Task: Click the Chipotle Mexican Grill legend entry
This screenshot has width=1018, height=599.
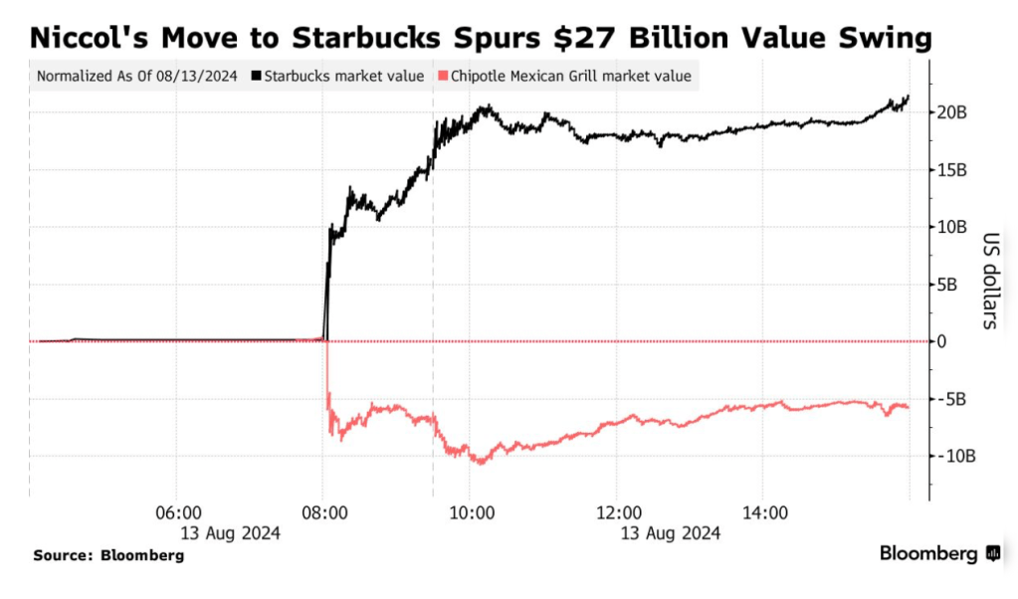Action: tap(567, 76)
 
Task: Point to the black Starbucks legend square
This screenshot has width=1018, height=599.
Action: tap(258, 76)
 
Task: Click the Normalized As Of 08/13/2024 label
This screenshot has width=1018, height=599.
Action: tap(137, 76)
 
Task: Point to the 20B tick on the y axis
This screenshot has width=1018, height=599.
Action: tap(952, 112)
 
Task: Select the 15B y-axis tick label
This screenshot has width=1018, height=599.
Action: tap(952, 170)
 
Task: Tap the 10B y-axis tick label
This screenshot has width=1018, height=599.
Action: tap(952, 227)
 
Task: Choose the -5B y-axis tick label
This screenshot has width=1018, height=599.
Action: tap(952, 399)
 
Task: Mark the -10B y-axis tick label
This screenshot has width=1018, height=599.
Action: tap(955, 456)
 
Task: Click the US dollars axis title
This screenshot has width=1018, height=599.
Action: tap(991, 282)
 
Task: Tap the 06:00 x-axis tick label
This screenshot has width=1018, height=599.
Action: tap(179, 513)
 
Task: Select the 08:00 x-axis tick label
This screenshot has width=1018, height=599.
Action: tap(324, 513)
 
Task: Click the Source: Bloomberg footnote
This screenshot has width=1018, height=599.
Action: tap(108, 555)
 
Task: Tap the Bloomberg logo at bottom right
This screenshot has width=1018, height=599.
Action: tap(939, 554)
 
